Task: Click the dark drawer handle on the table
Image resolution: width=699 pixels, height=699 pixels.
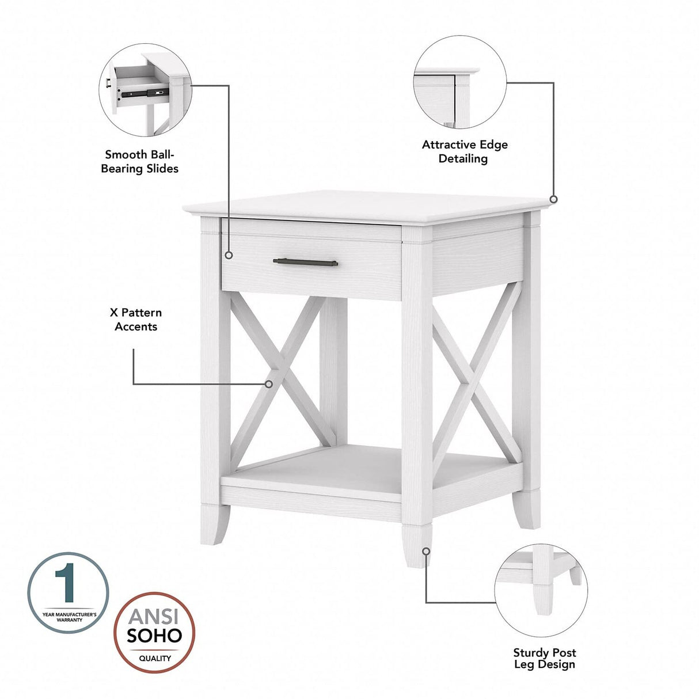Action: pos(306,262)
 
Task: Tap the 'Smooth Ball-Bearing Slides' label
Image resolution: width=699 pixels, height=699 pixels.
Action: pos(140,161)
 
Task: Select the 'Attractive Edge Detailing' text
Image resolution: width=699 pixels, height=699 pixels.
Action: pos(465,151)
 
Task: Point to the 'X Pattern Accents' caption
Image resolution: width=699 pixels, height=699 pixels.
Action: pos(136,320)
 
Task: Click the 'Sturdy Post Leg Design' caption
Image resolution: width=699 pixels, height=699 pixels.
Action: pos(544,658)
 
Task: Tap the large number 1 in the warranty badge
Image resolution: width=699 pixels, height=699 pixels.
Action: pos(68,584)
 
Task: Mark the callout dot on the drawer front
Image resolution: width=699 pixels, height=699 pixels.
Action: pos(229,254)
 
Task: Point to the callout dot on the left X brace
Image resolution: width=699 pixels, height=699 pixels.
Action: pos(268,383)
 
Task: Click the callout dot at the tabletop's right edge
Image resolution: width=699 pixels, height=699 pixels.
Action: pos(553,199)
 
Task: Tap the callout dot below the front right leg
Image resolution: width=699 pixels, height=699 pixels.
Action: pos(426,550)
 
